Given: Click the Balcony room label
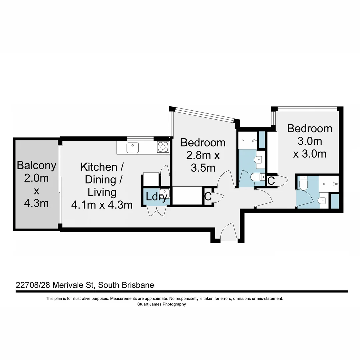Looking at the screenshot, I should coord(36,165).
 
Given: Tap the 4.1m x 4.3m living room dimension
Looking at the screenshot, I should coord(102,205).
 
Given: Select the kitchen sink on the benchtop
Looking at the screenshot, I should coord(132,147).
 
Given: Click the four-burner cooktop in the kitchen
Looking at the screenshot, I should coord(163,147).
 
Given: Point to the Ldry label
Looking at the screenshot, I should coord(156,197).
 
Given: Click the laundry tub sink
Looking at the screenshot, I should coord(165,193).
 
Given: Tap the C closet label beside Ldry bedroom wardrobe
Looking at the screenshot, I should coord(208,197).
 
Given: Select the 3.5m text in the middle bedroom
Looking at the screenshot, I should coord(203,168).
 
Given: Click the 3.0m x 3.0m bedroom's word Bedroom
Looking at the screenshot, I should coord(310,128).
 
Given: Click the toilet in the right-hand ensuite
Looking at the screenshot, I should coord(303,183).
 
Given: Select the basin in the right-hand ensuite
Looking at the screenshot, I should coord(322,201).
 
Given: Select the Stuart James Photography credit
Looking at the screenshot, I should coord(162,304).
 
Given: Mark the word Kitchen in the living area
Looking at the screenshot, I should coord(99,167).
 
